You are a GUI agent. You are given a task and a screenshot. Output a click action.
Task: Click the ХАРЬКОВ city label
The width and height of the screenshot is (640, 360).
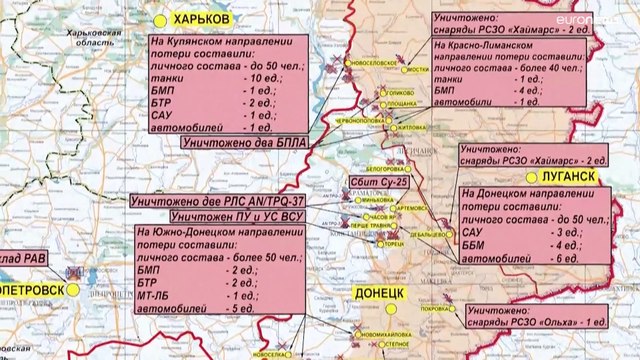[199, 20]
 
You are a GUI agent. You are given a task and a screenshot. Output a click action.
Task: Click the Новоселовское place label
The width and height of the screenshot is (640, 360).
[376, 62]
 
